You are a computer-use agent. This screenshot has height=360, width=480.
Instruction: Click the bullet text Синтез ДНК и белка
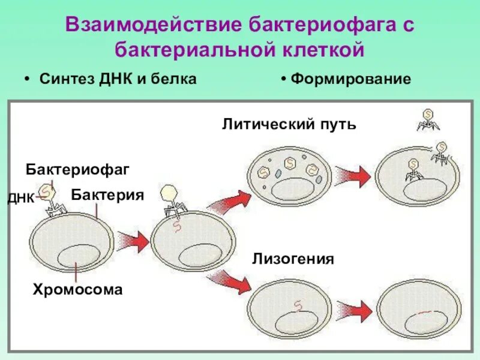(118, 80)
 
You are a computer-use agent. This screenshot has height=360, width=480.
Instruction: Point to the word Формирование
(351, 80)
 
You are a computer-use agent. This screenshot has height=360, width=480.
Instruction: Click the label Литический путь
(289, 125)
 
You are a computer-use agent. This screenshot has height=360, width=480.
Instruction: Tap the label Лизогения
(293, 259)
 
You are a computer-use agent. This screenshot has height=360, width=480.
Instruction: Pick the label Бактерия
(107, 195)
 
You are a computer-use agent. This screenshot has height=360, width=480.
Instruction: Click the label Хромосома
(77, 290)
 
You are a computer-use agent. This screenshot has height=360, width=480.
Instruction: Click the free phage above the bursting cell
(428, 119)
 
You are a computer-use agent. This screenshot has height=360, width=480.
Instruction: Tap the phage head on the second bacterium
(170, 192)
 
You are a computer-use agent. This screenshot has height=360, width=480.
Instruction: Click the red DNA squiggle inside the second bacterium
(176, 226)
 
